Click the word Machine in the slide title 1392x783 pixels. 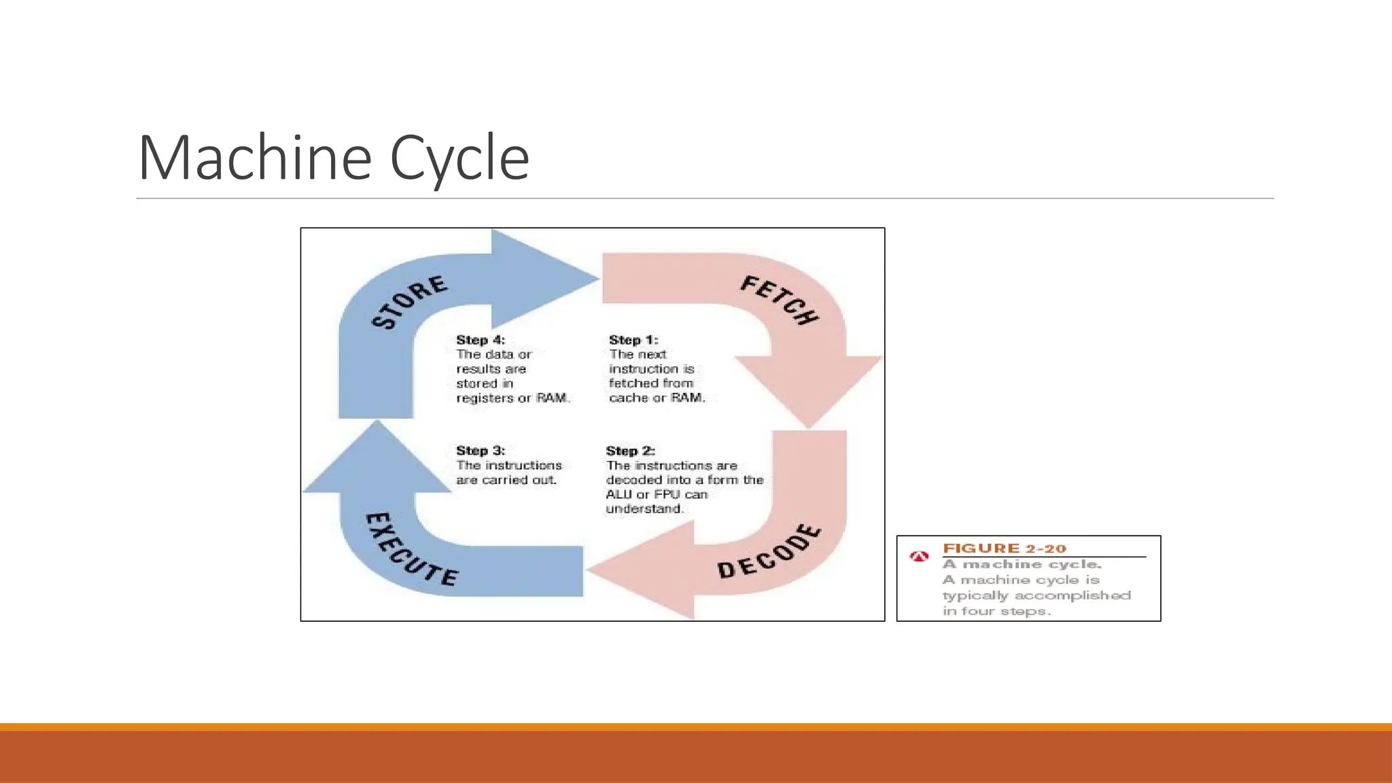point(254,158)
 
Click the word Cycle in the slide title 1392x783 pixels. point(459,158)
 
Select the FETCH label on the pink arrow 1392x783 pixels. point(780,300)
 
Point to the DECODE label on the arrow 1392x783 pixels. point(769,552)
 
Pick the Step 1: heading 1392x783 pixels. point(633,340)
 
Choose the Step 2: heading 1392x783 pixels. point(630,451)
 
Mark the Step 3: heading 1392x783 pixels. point(481,451)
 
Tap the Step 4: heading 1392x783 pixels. point(481,340)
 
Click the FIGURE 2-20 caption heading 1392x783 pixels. point(1004,549)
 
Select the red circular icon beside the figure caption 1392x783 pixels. point(919,557)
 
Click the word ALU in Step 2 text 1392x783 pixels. point(619,494)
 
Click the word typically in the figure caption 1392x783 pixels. point(975,595)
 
